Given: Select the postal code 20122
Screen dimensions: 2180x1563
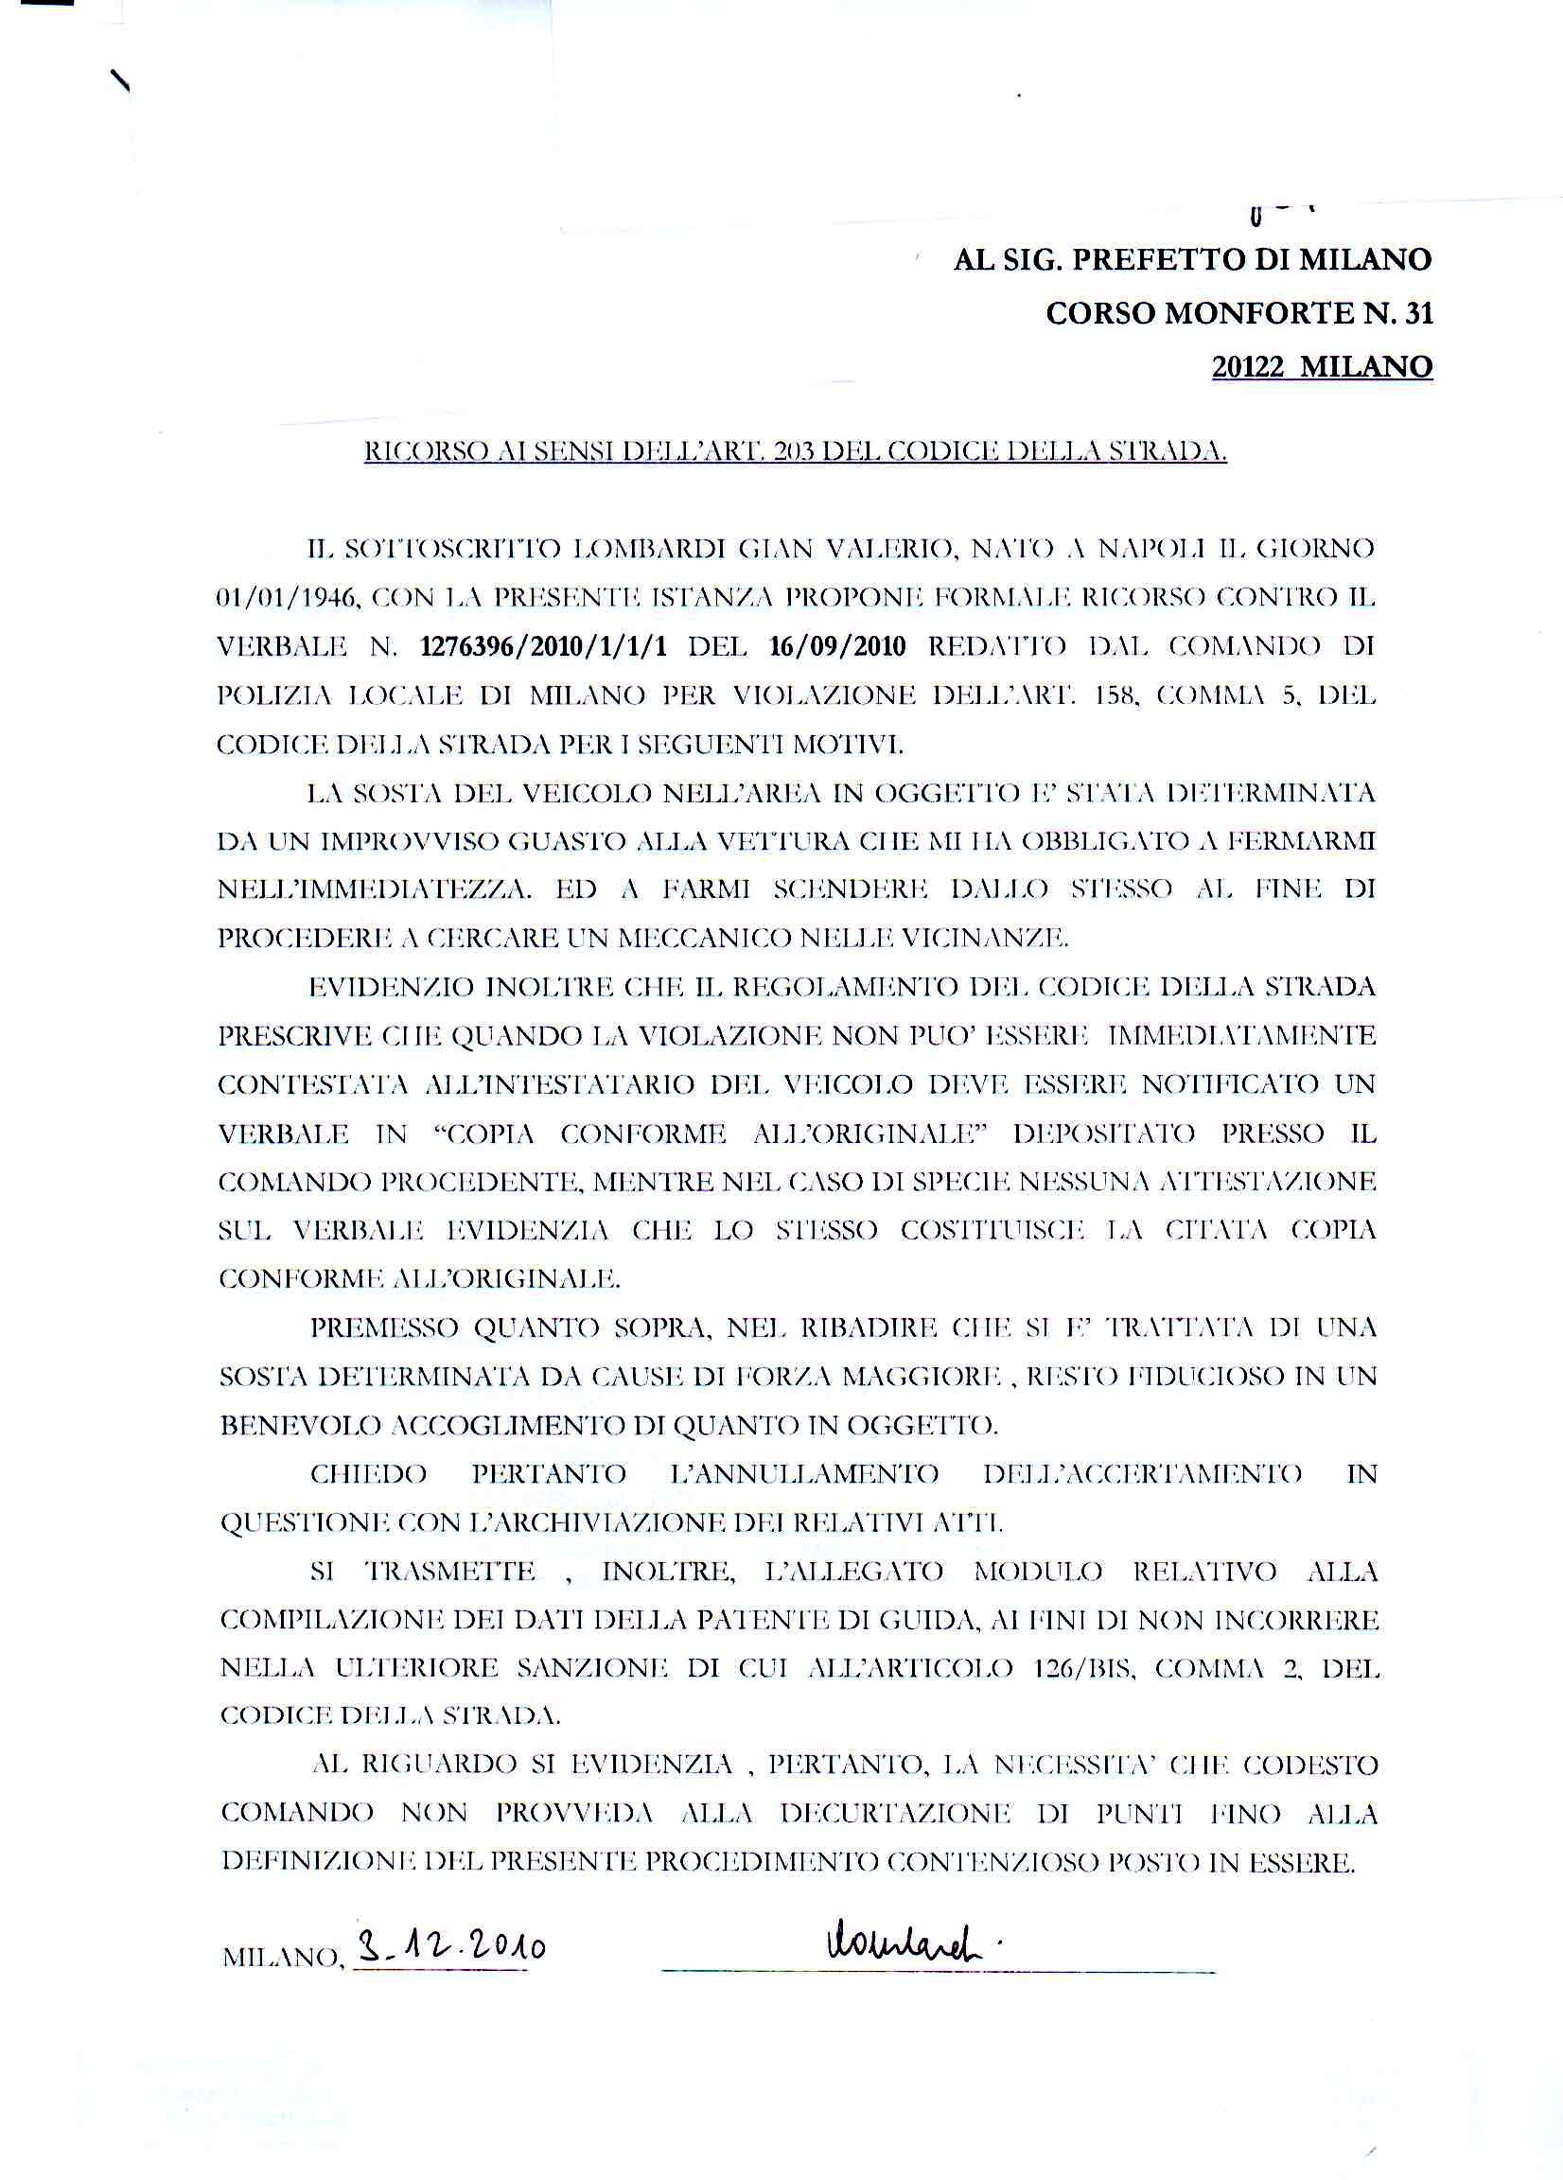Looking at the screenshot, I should (x=1248, y=367).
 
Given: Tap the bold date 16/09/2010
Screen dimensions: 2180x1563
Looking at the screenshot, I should (x=837, y=646).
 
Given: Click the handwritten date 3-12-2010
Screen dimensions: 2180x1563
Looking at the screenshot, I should (x=450, y=1948).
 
